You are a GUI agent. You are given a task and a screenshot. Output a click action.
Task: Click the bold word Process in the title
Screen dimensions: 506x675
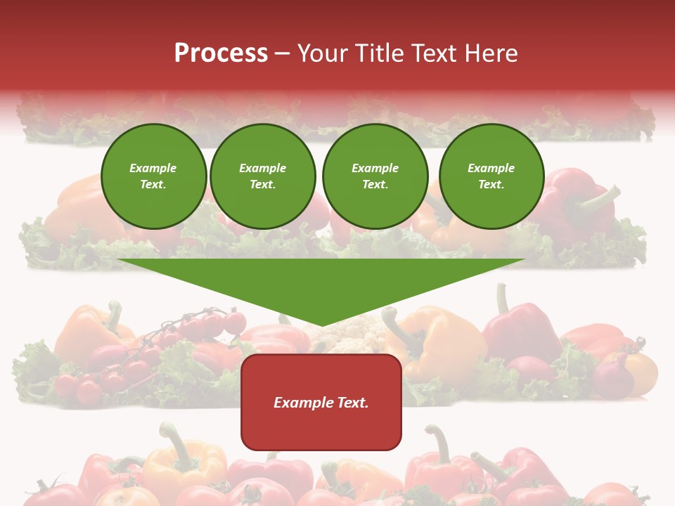point(221,53)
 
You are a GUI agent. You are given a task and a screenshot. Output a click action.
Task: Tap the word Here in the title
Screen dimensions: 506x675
point(492,53)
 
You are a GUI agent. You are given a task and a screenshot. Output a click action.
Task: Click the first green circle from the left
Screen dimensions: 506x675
point(153,176)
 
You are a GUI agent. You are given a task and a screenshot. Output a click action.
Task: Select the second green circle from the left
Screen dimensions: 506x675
point(262,176)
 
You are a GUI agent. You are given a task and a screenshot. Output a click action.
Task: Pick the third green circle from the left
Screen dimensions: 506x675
point(375,176)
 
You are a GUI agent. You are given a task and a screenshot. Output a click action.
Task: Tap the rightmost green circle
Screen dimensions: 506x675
point(491,176)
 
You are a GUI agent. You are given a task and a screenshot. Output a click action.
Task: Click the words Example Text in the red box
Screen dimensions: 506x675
point(321,403)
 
